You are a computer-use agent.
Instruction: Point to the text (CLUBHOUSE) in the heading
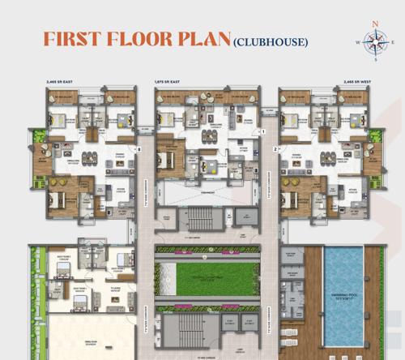coord(270,41)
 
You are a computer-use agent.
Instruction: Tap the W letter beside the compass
coord(357,41)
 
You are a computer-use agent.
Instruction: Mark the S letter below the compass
coord(374,58)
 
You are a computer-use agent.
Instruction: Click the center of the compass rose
coord(374,41)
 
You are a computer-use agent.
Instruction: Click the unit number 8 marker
coord(139,149)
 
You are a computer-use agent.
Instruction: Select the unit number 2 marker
coord(275,149)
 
